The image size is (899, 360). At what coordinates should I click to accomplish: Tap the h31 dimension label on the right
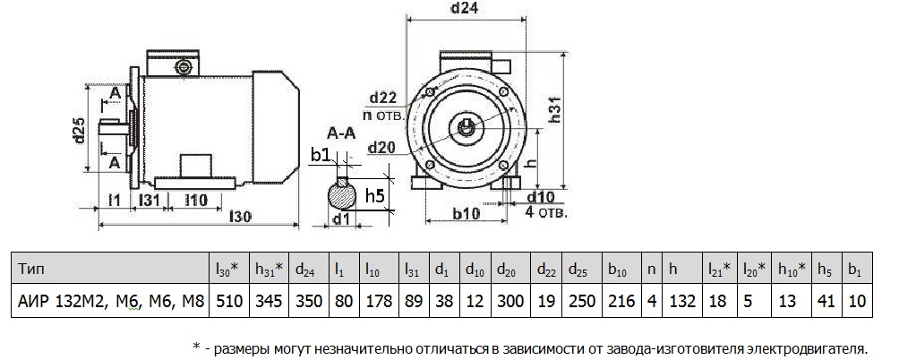point(556,108)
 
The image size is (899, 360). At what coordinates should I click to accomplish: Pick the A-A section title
point(338,135)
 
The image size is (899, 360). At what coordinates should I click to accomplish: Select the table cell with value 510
point(227,301)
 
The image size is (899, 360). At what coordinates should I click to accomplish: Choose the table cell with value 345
point(269,301)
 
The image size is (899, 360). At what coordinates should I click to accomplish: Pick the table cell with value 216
point(620,301)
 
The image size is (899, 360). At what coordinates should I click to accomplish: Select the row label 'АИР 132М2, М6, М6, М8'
point(109,301)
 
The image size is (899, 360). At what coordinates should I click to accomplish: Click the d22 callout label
point(384,98)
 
